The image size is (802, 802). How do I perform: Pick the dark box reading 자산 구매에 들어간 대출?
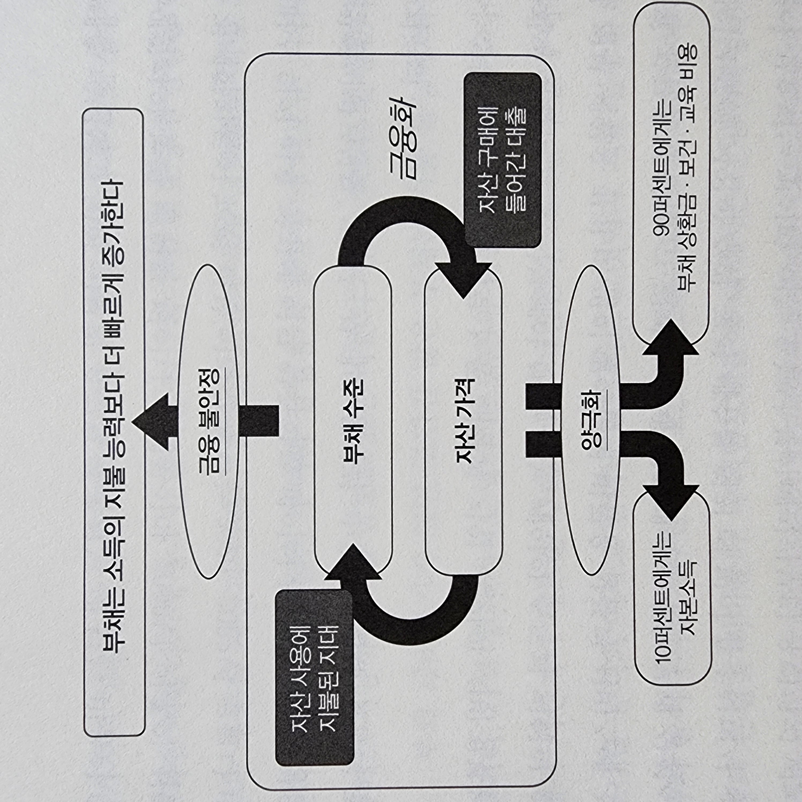(x=503, y=160)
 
